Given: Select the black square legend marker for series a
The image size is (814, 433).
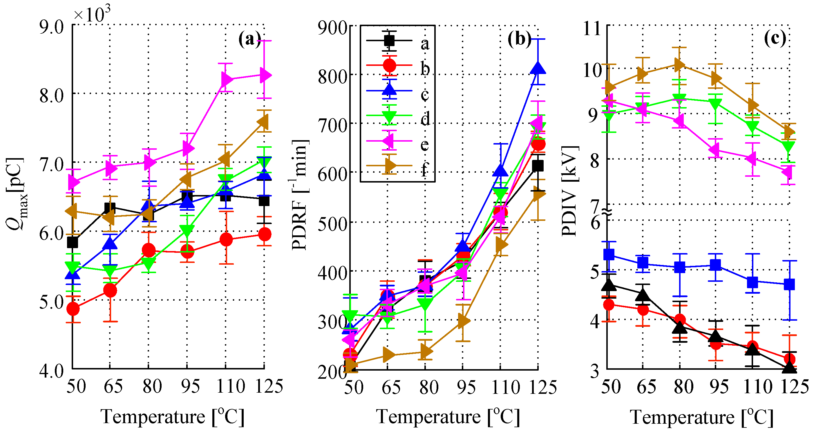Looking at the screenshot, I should click(x=389, y=40).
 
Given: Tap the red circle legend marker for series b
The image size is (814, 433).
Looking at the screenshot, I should click(x=389, y=65).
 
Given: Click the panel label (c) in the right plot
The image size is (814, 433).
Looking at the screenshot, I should click(x=775, y=39).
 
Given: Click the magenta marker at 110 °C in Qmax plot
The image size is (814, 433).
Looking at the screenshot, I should click(x=226, y=79).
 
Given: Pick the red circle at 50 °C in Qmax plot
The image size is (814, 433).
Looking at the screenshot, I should click(x=73, y=308).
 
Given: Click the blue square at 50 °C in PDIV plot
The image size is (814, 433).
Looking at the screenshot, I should click(x=609, y=254).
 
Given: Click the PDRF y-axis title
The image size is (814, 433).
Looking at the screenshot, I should click(x=299, y=194).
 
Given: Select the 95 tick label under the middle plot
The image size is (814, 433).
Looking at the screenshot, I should click(x=466, y=387).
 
